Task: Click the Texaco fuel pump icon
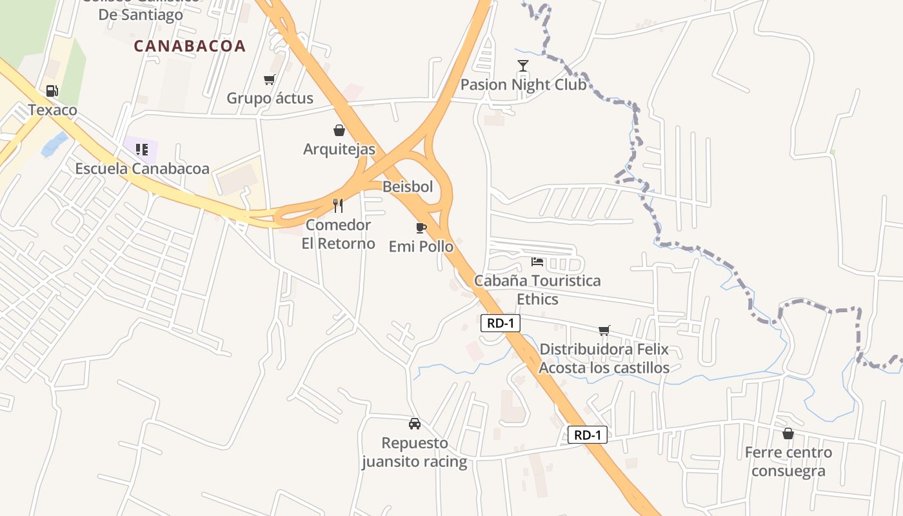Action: pos(52,91)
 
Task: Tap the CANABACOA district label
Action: pos(190,46)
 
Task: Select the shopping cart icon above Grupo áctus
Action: pos(269,80)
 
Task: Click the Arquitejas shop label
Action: pos(339,149)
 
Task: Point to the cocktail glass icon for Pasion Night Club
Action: pos(523,66)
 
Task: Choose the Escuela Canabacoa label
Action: pos(143,169)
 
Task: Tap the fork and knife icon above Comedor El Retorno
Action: pos(338,206)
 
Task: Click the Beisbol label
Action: pos(408,186)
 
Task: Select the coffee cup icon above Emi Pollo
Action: pos(421,228)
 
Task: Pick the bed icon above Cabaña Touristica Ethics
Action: pos(537,261)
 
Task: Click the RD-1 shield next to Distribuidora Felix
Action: pos(501,323)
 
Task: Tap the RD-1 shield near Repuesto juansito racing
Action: pos(588,435)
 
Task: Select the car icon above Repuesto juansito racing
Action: pos(415,424)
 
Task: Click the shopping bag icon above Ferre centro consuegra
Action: pos(788,433)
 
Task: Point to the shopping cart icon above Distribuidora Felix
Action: pos(604,331)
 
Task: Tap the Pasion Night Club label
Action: pos(523,84)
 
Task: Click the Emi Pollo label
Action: pos(421,246)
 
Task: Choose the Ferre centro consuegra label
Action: pos(788,461)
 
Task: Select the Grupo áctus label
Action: pos(270,99)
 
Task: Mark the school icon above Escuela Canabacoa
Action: pos(142,150)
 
